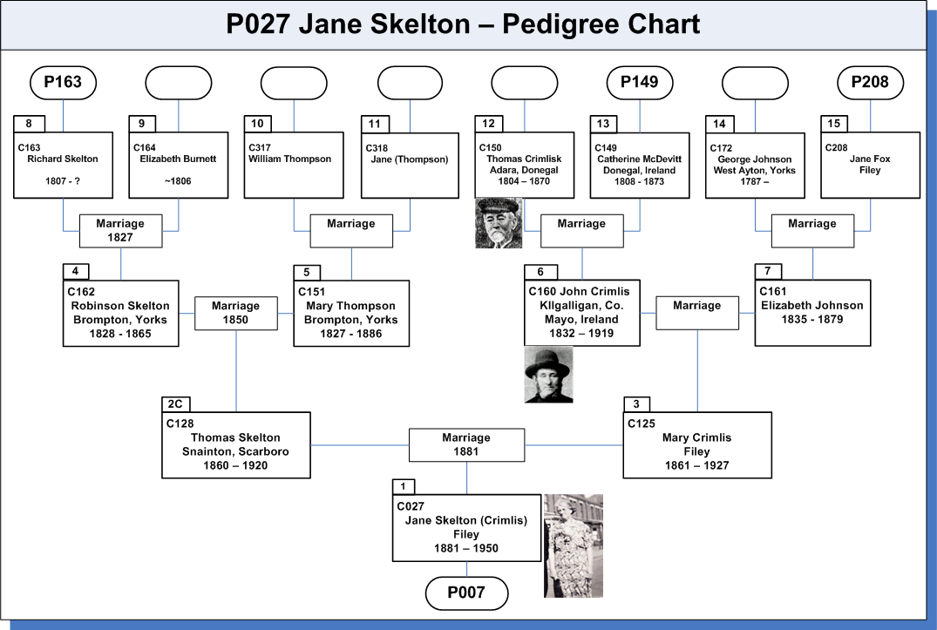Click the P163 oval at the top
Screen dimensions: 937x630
63,83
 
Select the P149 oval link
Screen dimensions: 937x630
640,83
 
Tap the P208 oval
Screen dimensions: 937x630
870,83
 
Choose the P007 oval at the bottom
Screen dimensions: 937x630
466,593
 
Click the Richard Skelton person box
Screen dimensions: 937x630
64,166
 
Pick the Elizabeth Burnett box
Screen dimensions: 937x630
179,166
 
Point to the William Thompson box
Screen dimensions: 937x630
294,166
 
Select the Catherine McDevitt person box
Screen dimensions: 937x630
640,166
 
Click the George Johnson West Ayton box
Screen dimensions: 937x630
755,166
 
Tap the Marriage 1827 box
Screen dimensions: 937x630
120,231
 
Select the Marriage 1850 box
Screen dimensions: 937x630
236,313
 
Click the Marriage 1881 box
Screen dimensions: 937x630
466,445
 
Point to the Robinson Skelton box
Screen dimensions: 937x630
120,314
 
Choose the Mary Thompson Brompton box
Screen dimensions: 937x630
351,314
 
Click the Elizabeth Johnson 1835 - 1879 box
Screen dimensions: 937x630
812,313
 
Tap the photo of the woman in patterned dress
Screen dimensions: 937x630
574,545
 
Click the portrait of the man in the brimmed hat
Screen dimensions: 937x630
548,375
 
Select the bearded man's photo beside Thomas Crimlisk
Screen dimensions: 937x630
499,223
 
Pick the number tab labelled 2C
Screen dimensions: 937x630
176,404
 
